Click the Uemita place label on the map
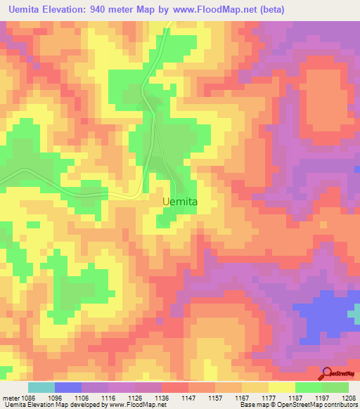click(179, 201)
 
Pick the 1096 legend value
click(55, 396)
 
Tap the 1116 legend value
click(108, 396)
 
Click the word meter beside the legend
click(10, 396)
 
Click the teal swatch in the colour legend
click(41, 387)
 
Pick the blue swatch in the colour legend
click(68, 387)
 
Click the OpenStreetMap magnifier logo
click(327, 373)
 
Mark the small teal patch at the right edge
click(356, 313)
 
